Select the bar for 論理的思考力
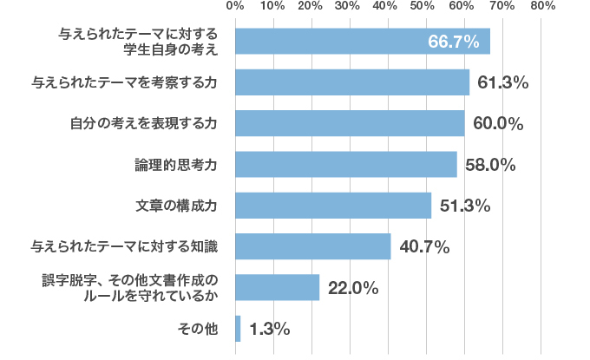(345, 164)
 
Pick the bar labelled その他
(238, 329)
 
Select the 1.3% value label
(269, 330)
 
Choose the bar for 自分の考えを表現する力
(350, 123)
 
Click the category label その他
(195, 330)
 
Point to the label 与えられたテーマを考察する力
(123, 82)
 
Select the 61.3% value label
(503, 82)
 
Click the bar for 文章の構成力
(333, 206)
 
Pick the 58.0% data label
(491, 165)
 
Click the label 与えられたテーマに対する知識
(123, 247)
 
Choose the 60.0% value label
(498, 123)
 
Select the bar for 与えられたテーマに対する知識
(312, 246)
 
